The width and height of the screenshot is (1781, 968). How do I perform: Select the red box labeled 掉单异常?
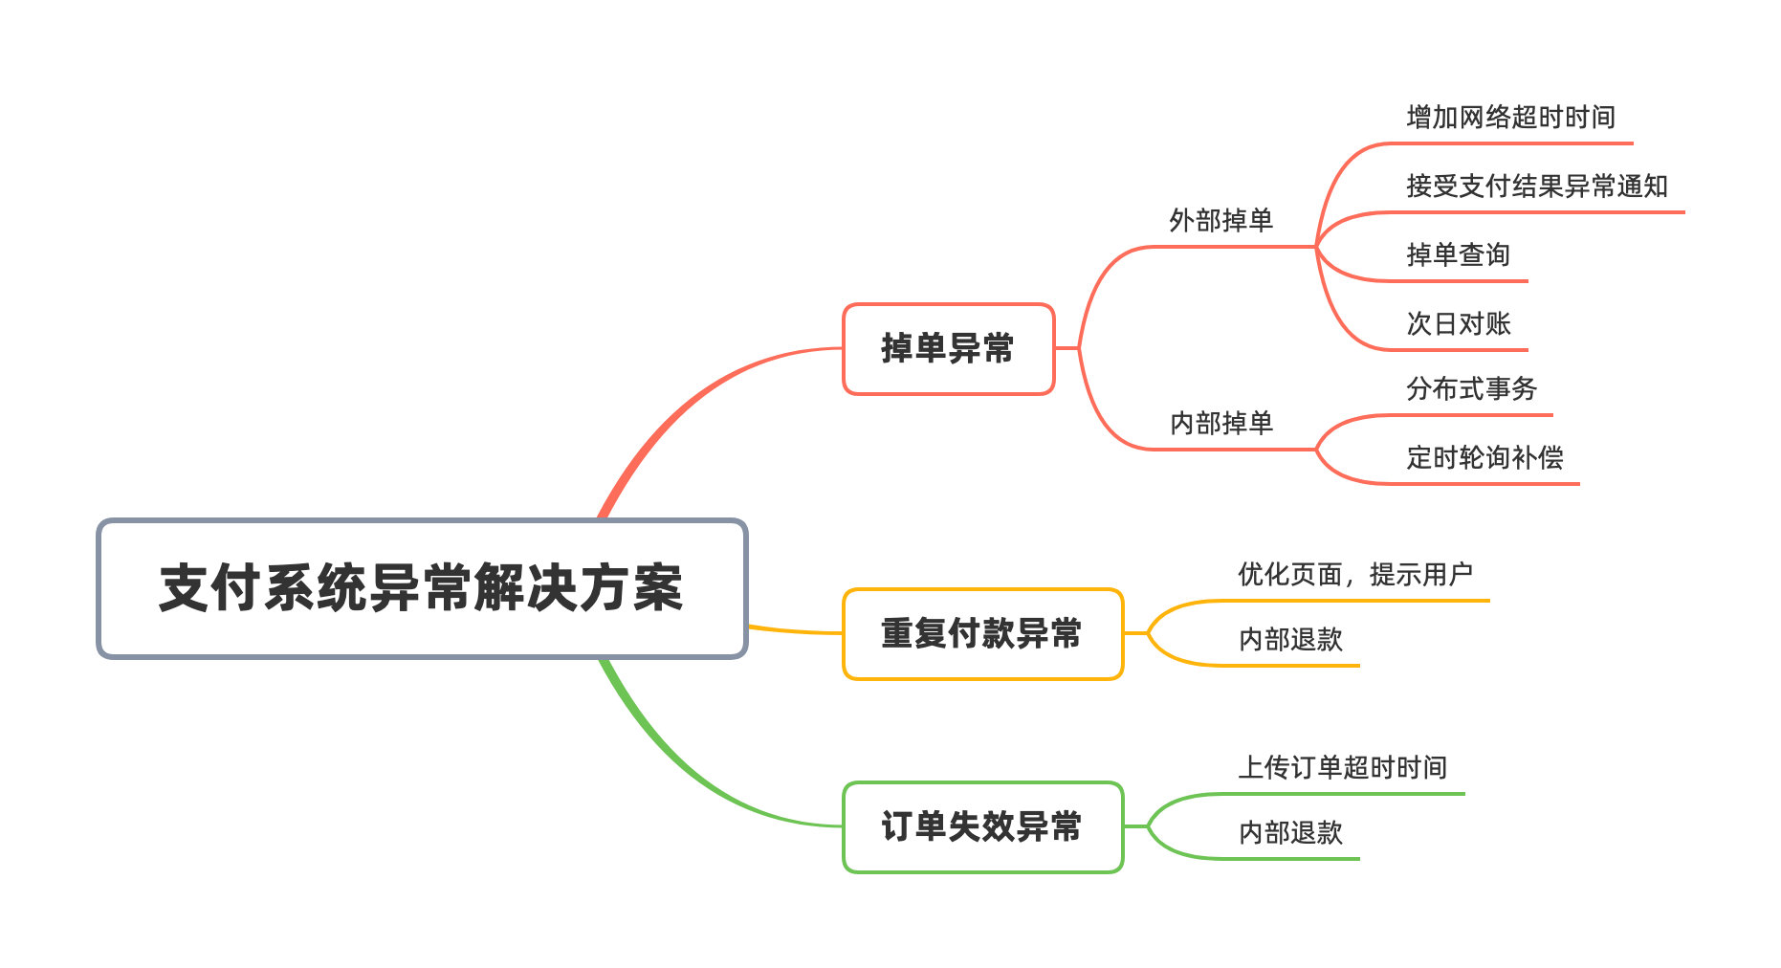(947, 349)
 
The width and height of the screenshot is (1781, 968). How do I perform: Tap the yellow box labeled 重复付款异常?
(981, 634)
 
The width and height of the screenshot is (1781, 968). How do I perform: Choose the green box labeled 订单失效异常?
(981, 827)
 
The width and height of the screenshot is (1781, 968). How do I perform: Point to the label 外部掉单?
(1220, 221)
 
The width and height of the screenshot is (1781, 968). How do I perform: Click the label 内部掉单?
(1220, 423)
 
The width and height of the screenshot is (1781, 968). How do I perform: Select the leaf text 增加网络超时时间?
(1510, 118)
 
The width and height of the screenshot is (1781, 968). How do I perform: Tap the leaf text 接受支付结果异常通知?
(1536, 187)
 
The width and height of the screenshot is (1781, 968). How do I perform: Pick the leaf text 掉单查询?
(1458, 255)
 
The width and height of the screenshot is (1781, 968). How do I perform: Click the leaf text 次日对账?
(1458, 324)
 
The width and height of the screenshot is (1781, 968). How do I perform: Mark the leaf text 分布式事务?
(1471, 389)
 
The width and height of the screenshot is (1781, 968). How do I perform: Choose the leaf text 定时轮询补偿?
(1484, 458)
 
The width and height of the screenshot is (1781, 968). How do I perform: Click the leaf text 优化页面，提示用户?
(1354, 575)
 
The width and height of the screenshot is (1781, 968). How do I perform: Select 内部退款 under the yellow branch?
(1290, 640)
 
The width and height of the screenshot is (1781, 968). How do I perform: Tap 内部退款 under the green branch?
(1290, 833)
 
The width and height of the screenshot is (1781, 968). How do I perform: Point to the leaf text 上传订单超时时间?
(1342, 768)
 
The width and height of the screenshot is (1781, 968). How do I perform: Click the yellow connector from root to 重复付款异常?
(794, 630)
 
